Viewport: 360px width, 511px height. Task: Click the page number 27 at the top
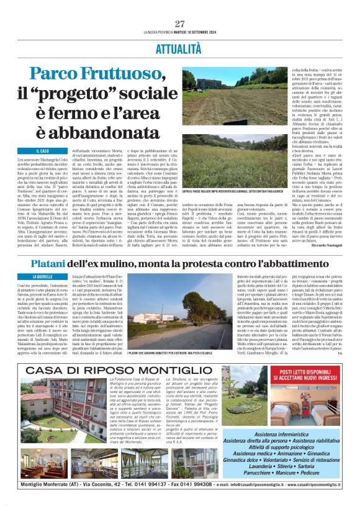click(x=180, y=24)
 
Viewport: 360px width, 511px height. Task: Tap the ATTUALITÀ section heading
click(x=180, y=47)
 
